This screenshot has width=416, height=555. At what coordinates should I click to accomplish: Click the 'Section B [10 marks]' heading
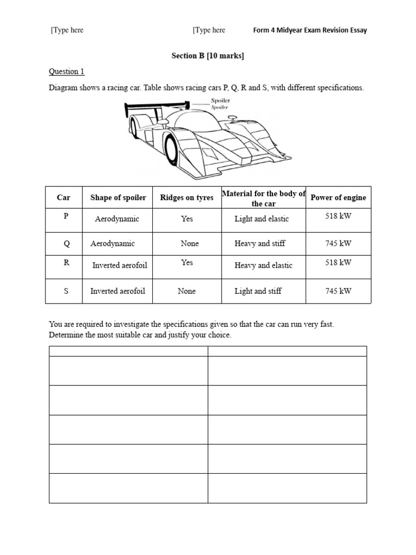[x=207, y=56]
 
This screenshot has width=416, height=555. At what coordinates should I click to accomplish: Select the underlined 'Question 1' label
[x=67, y=72]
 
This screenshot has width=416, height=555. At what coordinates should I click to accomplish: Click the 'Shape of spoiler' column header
[x=118, y=198]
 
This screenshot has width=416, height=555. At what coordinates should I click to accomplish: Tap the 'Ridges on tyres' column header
[x=187, y=198]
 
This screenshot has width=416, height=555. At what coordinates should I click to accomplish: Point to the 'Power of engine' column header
[x=338, y=198]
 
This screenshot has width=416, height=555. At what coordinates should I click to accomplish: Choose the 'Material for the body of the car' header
[x=264, y=198]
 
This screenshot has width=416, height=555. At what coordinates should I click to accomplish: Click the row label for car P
[x=66, y=216]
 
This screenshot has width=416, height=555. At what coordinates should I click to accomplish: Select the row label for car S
[x=66, y=291]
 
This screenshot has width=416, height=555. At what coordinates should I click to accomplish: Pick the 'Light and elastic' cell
[x=262, y=219]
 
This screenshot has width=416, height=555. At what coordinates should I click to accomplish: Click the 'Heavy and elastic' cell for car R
[x=263, y=265]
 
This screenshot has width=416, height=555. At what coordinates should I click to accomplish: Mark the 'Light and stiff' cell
[x=258, y=291]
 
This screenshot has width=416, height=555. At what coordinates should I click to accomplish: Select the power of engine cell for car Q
[x=338, y=243]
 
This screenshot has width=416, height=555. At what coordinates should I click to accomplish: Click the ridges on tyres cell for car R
[x=187, y=262]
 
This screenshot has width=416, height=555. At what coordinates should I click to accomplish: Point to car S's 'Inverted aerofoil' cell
[x=118, y=291]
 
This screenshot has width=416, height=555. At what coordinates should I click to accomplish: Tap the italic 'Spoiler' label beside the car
[x=220, y=107]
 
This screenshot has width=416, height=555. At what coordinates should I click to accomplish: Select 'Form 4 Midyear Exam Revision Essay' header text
[x=310, y=30]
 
